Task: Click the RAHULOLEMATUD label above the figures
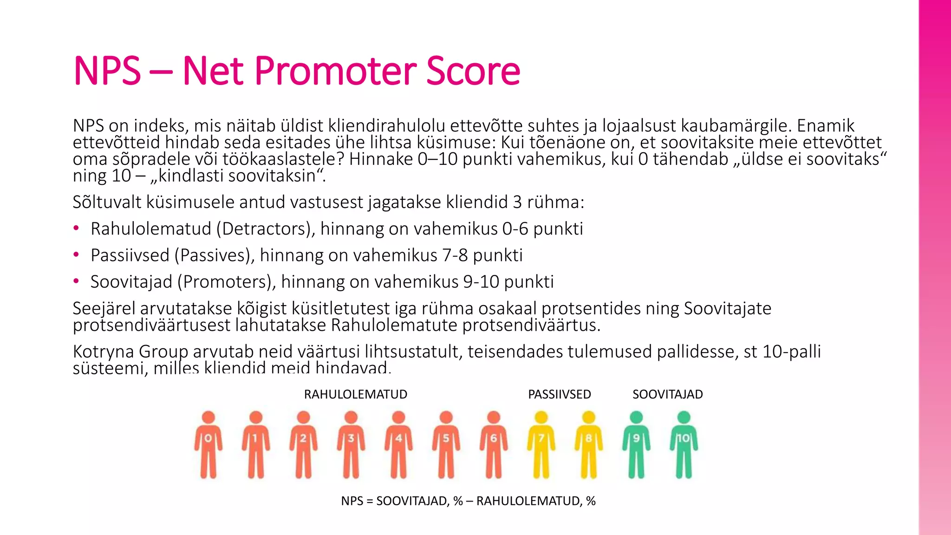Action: pyautogui.click(x=355, y=394)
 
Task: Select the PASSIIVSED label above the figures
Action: pyautogui.click(x=559, y=394)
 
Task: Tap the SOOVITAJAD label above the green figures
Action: pyautogui.click(x=667, y=394)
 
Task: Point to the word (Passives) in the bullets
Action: pyautogui.click(x=214, y=255)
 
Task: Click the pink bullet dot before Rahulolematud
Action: pyautogui.click(x=76, y=228)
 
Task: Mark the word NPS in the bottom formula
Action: pyautogui.click(x=352, y=501)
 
